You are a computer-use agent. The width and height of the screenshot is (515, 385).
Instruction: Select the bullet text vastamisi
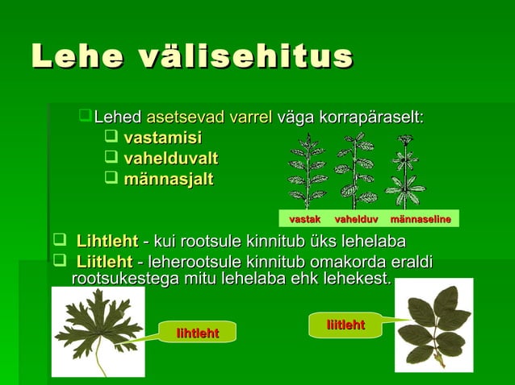tap(162, 138)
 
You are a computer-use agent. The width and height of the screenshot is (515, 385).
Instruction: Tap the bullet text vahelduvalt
tap(170, 159)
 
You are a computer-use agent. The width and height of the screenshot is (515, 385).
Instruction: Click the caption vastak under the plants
tap(305, 219)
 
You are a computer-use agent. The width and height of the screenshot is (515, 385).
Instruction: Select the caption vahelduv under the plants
tap(355, 219)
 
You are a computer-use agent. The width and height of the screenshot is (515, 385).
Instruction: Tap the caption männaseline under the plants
tap(420, 219)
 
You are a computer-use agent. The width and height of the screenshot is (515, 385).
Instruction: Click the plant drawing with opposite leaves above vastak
tap(307, 171)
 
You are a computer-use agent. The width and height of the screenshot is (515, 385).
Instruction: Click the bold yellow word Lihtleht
tap(107, 242)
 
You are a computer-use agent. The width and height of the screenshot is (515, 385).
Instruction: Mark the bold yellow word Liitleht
tap(104, 262)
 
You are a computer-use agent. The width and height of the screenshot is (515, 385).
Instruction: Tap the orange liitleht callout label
tap(345, 325)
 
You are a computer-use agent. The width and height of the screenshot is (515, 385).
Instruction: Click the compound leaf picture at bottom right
tap(433, 325)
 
